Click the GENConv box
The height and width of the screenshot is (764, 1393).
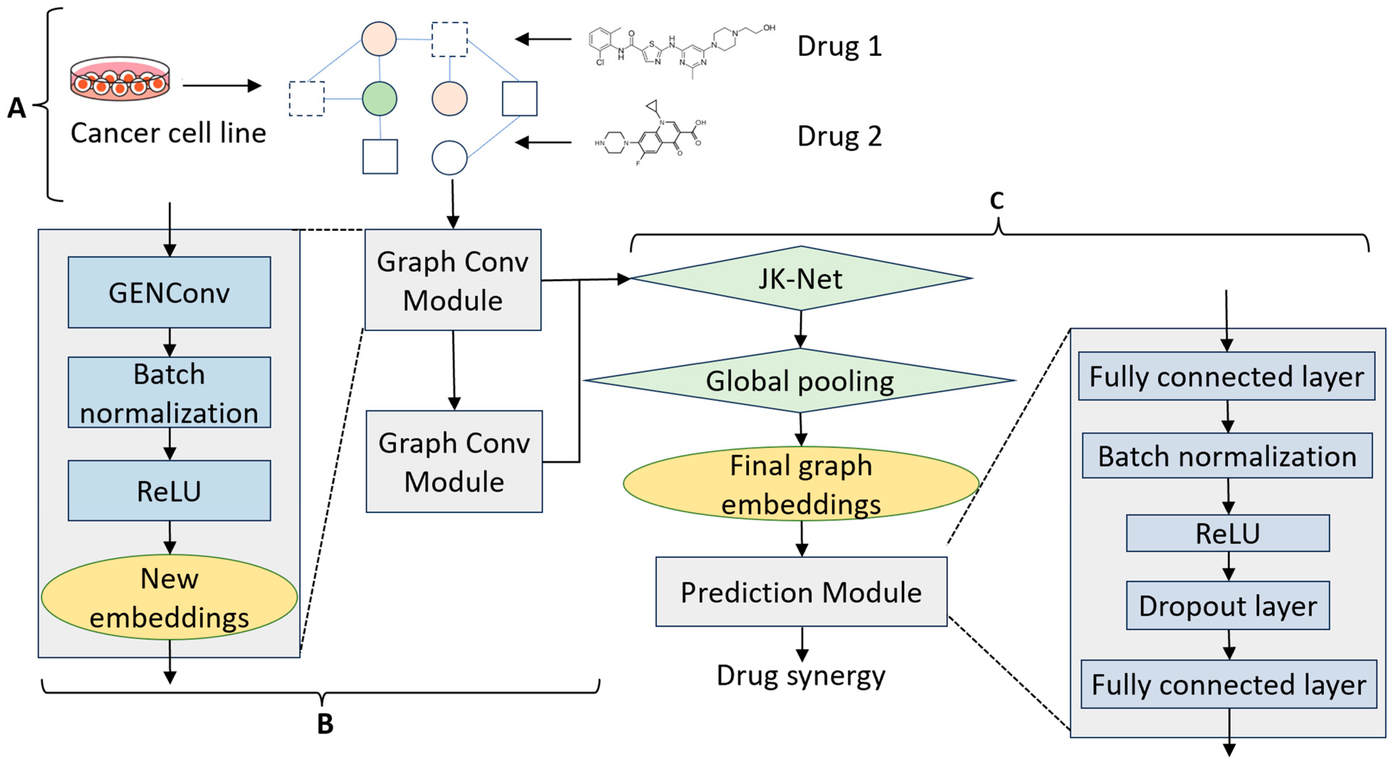(169, 292)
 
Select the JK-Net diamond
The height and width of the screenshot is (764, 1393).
(801, 278)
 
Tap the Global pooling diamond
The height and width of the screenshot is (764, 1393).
(800, 380)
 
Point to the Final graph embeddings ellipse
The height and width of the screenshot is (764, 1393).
(801, 483)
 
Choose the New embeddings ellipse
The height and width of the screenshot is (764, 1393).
(169, 597)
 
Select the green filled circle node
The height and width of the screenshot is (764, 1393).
(379, 99)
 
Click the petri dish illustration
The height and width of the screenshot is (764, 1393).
(120, 79)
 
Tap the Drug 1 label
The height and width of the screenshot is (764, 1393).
(839, 46)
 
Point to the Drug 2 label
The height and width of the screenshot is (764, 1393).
(839, 136)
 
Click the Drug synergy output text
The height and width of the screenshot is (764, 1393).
(801, 676)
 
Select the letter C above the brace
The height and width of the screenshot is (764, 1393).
(997, 201)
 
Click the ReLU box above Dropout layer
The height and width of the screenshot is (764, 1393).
(1228, 533)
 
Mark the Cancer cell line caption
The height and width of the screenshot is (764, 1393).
(168, 133)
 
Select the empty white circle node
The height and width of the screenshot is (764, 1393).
(449, 157)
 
